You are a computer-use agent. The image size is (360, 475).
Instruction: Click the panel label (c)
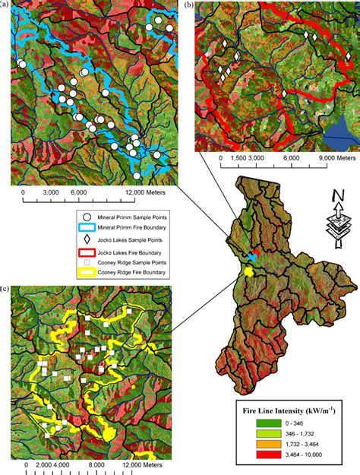pos(6,289)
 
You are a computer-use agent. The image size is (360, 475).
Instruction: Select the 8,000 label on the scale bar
pos(96,464)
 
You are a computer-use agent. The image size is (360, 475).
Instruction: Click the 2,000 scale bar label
pos(38,464)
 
